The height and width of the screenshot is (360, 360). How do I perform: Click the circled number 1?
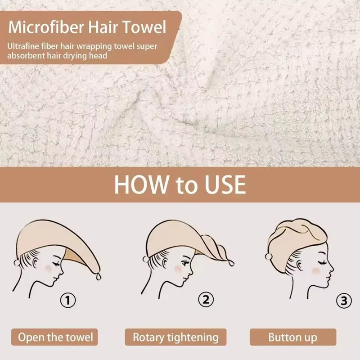pos(68,300)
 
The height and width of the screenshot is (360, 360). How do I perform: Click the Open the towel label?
pos(56,337)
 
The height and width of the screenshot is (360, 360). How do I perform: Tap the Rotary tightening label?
pos(175,337)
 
